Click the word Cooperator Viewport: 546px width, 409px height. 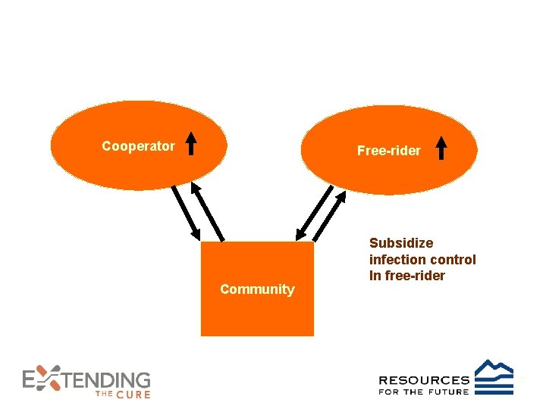(138, 146)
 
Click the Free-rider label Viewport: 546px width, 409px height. (388, 151)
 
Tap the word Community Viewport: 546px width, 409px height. (257, 289)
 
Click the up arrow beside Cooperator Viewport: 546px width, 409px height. (192, 142)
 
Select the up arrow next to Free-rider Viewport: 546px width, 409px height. (441, 148)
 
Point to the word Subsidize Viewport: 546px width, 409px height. (401, 243)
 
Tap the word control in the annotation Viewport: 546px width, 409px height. (453, 260)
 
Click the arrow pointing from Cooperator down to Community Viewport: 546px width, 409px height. (184, 211)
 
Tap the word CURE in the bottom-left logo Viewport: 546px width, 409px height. (133, 395)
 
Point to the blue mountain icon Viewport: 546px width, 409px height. (494, 376)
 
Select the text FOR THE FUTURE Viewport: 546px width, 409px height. (423, 392)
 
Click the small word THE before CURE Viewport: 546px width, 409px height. (104, 395)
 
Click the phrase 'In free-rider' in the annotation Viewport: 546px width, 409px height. (406, 276)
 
